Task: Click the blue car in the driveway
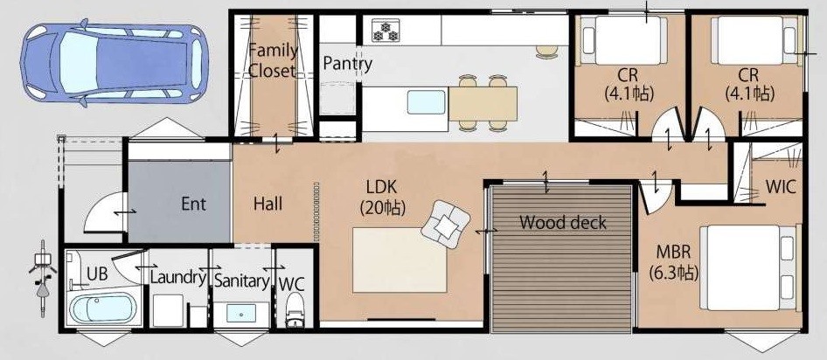(x=114, y=63)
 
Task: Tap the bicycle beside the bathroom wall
(x=42, y=278)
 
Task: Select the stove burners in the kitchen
(x=386, y=30)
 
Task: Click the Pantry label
(x=348, y=64)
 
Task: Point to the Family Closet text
(x=273, y=61)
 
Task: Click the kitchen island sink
(x=426, y=101)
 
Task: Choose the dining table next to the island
(x=483, y=103)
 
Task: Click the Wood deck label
(x=563, y=223)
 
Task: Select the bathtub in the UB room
(x=103, y=308)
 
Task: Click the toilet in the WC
(x=295, y=310)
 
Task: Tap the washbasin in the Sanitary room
(x=241, y=313)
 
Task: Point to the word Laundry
(x=177, y=277)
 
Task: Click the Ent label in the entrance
(x=193, y=204)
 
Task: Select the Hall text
(x=268, y=204)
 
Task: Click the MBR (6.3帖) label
(x=674, y=262)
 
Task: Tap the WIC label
(x=781, y=187)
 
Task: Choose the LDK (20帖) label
(x=382, y=197)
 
